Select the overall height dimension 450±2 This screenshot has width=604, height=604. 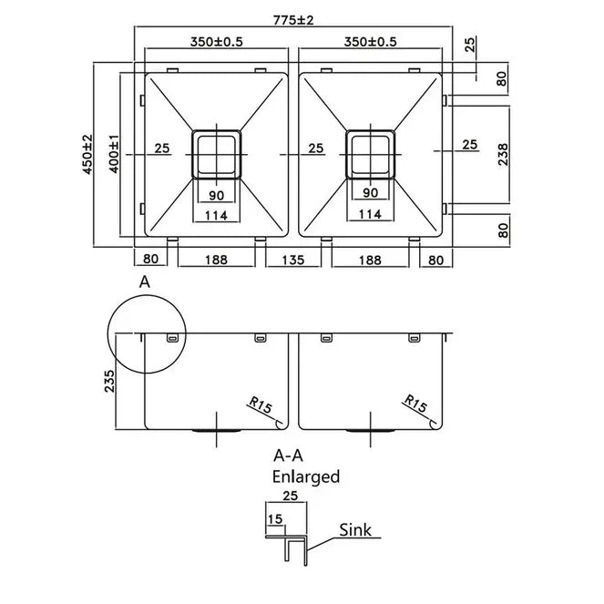[x=87, y=154]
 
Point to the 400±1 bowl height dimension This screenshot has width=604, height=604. [x=114, y=154]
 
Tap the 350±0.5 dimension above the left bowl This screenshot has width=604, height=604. [x=216, y=42]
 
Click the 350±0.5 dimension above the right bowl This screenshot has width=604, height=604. [x=370, y=42]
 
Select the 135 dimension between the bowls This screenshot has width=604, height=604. [x=293, y=260]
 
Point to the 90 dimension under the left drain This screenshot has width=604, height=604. [x=216, y=194]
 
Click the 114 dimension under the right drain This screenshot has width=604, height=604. [x=370, y=214]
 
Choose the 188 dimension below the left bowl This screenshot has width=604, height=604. [x=216, y=260]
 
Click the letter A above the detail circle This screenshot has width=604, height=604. [x=143, y=283]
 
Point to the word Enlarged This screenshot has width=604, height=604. [x=305, y=476]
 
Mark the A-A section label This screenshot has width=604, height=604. [x=290, y=455]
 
